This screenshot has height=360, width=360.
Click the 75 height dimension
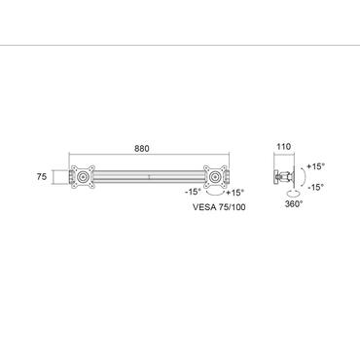43,177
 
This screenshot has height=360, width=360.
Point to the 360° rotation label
293,204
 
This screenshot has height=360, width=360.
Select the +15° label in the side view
313,166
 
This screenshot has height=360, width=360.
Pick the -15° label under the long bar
193,192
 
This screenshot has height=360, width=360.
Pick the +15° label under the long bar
234,192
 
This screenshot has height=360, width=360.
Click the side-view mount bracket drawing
285,177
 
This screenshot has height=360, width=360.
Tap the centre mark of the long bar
148,178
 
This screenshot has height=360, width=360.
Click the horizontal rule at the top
180,44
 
